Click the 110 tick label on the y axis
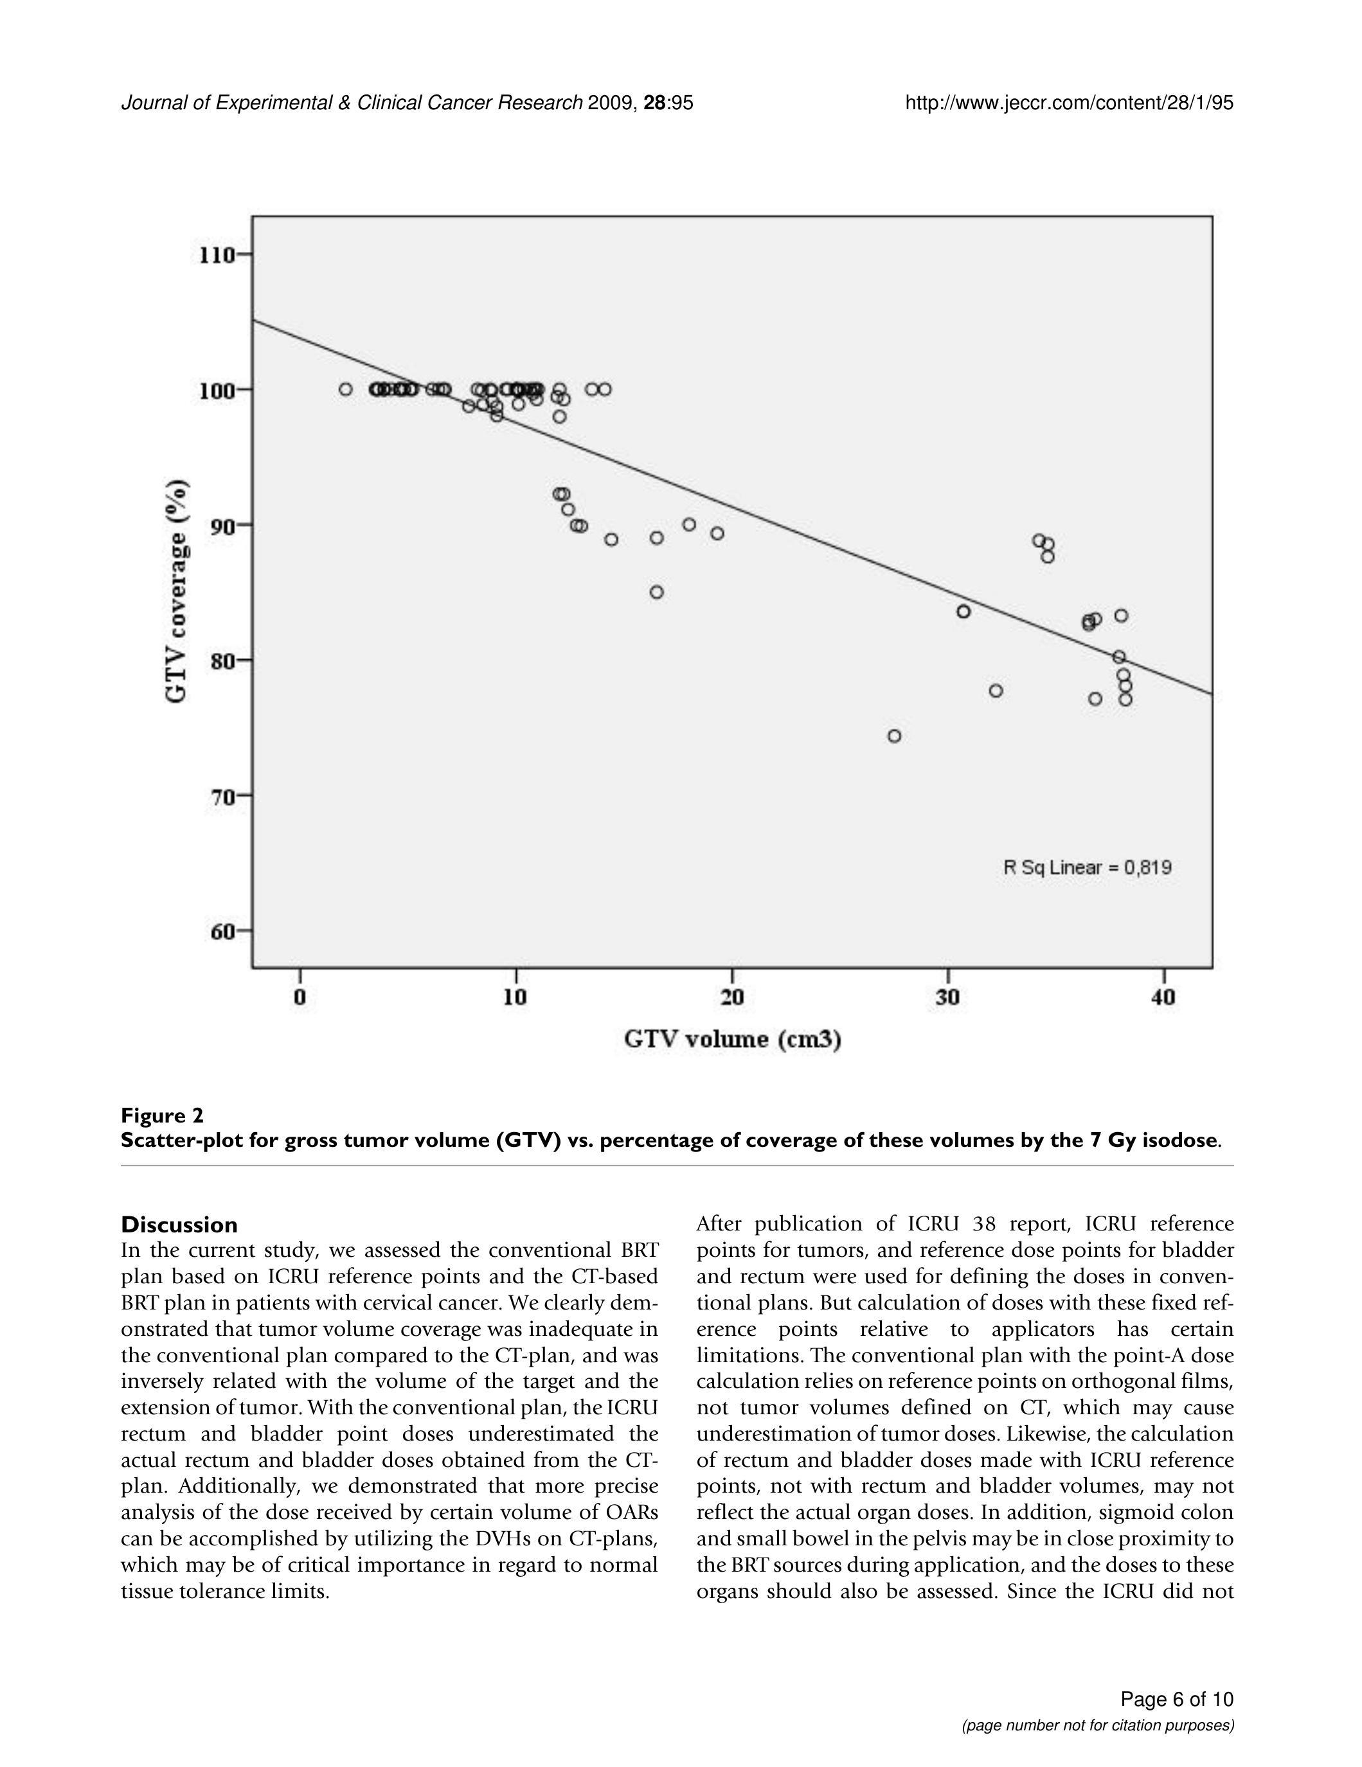[216, 256]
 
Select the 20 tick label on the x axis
[731, 998]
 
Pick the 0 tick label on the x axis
[300, 998]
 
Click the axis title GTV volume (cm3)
[731, 1040]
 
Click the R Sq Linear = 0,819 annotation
[1087, 868]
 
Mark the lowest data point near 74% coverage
[894, 736]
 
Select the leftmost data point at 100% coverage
[346, 389]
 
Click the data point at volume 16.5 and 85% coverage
[656, 592]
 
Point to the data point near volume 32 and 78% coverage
[996, 691]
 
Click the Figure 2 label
[162, 1115]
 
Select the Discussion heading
[179, 1224]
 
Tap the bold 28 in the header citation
[654, 103]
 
